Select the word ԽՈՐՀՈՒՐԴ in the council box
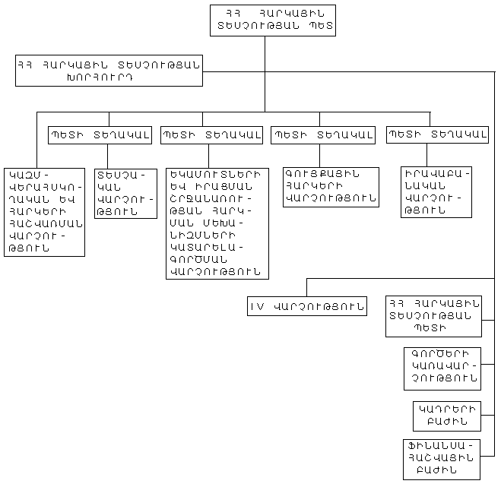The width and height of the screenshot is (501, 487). (x=109, y=77)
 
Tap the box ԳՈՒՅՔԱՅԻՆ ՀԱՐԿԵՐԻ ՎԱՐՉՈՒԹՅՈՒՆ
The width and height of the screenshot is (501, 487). (x=331, y=187)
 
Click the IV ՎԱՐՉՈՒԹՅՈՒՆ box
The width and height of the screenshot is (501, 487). (x=306, y=306)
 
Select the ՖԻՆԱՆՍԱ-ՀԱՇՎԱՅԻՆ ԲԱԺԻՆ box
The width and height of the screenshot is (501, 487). (x=441, y=459)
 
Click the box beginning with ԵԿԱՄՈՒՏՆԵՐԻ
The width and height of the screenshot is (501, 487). (x=217, y=222)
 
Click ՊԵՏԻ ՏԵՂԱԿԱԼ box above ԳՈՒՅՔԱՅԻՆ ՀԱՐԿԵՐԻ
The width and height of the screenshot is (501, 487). (x=323, y=135)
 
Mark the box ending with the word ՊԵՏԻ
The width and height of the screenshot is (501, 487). (x=433, y=315)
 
